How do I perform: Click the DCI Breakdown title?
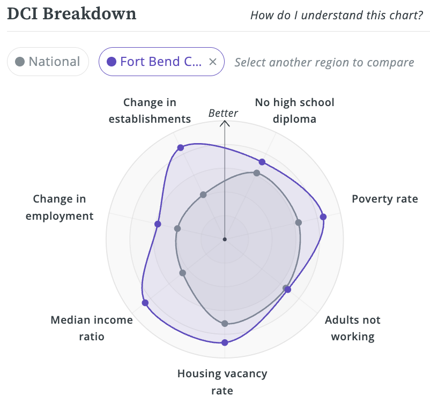tap(71, 14)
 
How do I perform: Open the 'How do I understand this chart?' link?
tap(337, 14)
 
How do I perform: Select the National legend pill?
tap(48, 62)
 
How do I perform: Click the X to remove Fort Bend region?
tap(212, 62)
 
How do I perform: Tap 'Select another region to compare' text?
tap(324, 62)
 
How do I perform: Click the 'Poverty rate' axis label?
tap(384, 199)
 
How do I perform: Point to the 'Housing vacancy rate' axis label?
tap(222, 382)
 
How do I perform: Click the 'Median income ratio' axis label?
tap(91, 328)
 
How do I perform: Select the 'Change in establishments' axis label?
tap(150, 110)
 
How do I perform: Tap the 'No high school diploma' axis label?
tap(294, 110)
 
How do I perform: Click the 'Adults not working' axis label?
tap(352, 328)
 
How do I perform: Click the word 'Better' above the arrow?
tap(223, 113)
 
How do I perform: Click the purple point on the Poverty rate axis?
tap(323, 217)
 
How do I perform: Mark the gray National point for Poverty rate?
tap(299, 222)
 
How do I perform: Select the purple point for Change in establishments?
tap(180, 147)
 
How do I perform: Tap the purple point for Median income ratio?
tap(145, 303)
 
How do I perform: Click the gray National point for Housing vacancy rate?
tap(225, 324)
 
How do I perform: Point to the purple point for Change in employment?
tap(158, 224)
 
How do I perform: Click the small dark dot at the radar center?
tap(225, 239)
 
